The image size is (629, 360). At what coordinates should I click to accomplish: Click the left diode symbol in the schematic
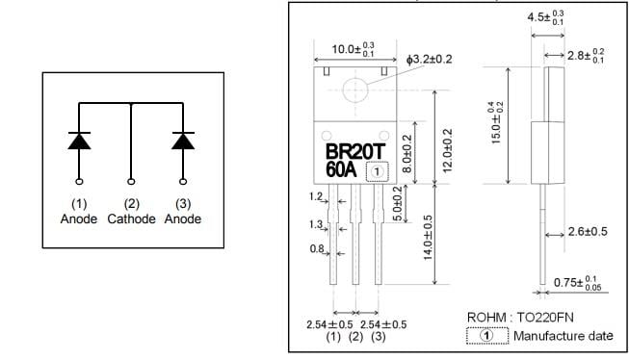click(x=78, y=140)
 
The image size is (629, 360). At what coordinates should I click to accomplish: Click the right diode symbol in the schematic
click(x=182, y=140)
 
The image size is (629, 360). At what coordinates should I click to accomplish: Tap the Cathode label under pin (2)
click(x=130, y=219)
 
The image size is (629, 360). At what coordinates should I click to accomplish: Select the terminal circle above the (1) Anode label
click(x=78, y=180)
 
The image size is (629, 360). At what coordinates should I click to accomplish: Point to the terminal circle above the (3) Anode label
click(x=182, y=180)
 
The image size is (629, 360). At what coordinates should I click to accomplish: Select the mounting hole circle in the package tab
click(x=354, y=89)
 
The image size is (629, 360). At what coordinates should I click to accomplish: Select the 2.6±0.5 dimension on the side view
click(x=586, y=232)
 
